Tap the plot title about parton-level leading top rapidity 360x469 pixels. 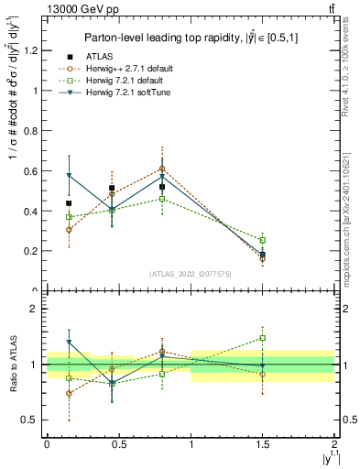pos(189,38)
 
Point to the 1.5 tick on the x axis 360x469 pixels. pos(263,443)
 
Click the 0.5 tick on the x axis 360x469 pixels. pos(118,443)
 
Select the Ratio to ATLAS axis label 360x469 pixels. pos(13,365)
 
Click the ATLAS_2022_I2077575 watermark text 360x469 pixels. pos(190,274)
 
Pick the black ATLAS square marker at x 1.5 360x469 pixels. pos(263,255)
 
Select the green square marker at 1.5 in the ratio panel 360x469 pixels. pos(263,338)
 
